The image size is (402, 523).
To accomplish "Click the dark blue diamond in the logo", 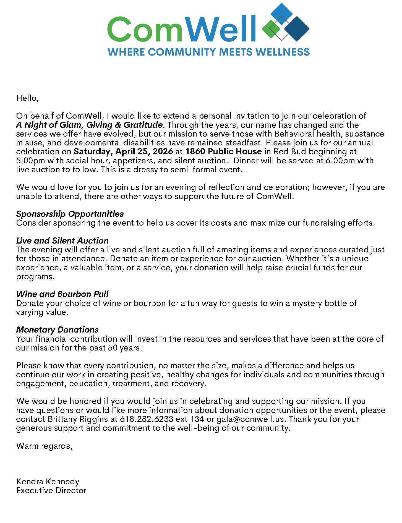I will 297,29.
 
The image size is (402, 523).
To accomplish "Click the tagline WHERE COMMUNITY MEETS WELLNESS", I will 209,52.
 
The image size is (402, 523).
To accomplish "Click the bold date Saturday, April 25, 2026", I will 123,151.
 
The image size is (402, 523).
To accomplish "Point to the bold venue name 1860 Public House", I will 223,151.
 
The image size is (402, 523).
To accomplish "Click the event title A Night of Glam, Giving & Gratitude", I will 89,125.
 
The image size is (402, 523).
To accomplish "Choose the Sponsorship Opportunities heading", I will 70,214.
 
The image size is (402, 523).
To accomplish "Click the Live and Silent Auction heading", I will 62,240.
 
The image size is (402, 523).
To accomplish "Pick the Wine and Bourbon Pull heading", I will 62,294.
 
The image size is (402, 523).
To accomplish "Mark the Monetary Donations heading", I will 58,330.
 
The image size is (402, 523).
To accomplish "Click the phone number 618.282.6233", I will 147,419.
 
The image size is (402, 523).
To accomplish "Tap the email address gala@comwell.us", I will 250,419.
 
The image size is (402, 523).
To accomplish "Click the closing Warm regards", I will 44,446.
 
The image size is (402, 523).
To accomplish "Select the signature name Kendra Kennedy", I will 48,482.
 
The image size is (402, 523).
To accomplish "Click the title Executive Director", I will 51,490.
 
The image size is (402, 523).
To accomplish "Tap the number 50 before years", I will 113,348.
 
